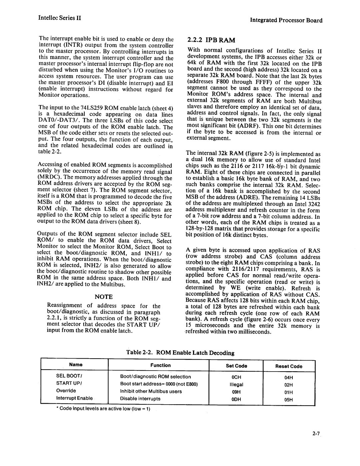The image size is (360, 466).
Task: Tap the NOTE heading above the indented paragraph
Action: click(104, 297)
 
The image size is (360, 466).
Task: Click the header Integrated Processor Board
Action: click(286, 20)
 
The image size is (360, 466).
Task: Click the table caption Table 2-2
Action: click(180, 353)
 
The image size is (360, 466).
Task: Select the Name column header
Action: click(76, 365)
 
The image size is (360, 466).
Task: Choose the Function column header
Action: click(160, 365)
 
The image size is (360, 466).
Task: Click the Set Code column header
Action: click(236, 366)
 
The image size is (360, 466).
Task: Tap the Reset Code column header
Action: click(289, 366)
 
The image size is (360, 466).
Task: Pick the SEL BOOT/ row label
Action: click(67, 376)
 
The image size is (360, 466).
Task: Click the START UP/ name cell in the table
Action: click(66, 383)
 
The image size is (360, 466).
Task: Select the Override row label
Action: click(66, 391)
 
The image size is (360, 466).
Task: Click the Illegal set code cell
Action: click(236, 385)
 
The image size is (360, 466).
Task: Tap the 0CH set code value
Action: click(236, 377)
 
